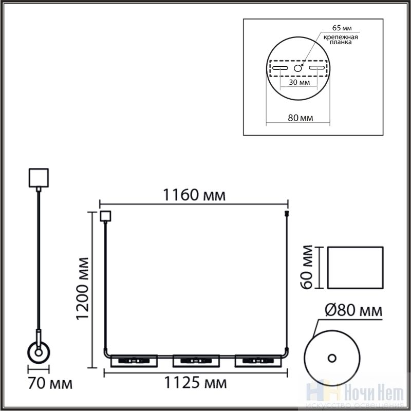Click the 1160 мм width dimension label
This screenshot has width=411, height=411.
(x=194, y=195)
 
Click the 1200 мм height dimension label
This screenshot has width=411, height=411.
(x=83, y=289)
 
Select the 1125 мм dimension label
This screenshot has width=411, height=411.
(x=195, y=383)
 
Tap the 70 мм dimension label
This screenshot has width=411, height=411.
(x=50, y=384)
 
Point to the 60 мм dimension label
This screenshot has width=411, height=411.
(x=307, y=267)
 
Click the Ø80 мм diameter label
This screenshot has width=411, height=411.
(x=353, y=310)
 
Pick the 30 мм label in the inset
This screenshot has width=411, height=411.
(x=300, y=82)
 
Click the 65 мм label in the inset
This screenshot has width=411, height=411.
(x=342, y=28)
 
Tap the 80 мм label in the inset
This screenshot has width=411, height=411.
(x=301, y=118)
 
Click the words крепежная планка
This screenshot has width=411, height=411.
(x=341, y=40)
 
